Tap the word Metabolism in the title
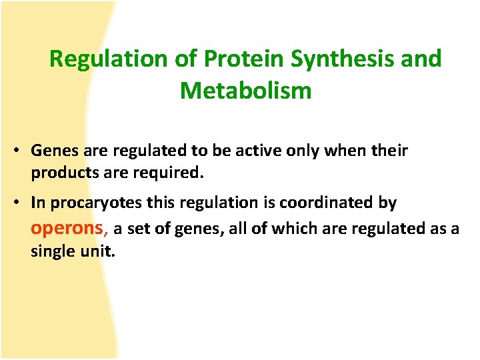coord(245,90)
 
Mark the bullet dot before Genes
coord(15,151)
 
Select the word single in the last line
coord(51,252)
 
